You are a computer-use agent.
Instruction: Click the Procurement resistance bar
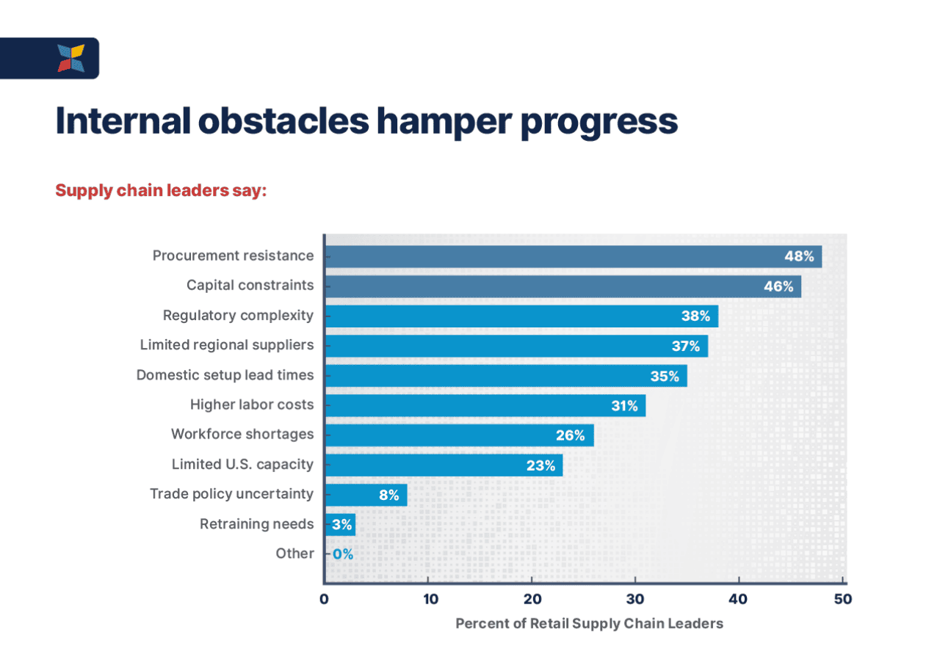point(573,256)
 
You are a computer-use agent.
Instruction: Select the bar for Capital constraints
point(563,286)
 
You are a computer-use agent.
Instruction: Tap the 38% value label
point(695,316)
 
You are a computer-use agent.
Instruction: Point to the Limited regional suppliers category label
point(226,344)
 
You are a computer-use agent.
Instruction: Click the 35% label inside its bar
point(665,376)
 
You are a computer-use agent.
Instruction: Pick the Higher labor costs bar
point(485,405)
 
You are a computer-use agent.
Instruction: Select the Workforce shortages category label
point(242,434)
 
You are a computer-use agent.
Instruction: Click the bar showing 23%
point(444,465)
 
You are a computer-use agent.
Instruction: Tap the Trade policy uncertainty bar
point(365,495)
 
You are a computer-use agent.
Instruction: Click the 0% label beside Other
point(343,554)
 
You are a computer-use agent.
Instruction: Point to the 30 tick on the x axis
point(635,599)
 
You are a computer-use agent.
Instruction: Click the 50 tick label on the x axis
point(843,599)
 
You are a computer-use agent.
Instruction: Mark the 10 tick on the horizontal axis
point(430,599)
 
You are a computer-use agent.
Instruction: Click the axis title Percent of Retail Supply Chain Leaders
point(589,623)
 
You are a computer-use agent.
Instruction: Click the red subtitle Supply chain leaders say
point(161,191)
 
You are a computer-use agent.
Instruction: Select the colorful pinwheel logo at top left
point(71,58)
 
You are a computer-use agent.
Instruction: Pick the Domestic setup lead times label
point(225,374)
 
